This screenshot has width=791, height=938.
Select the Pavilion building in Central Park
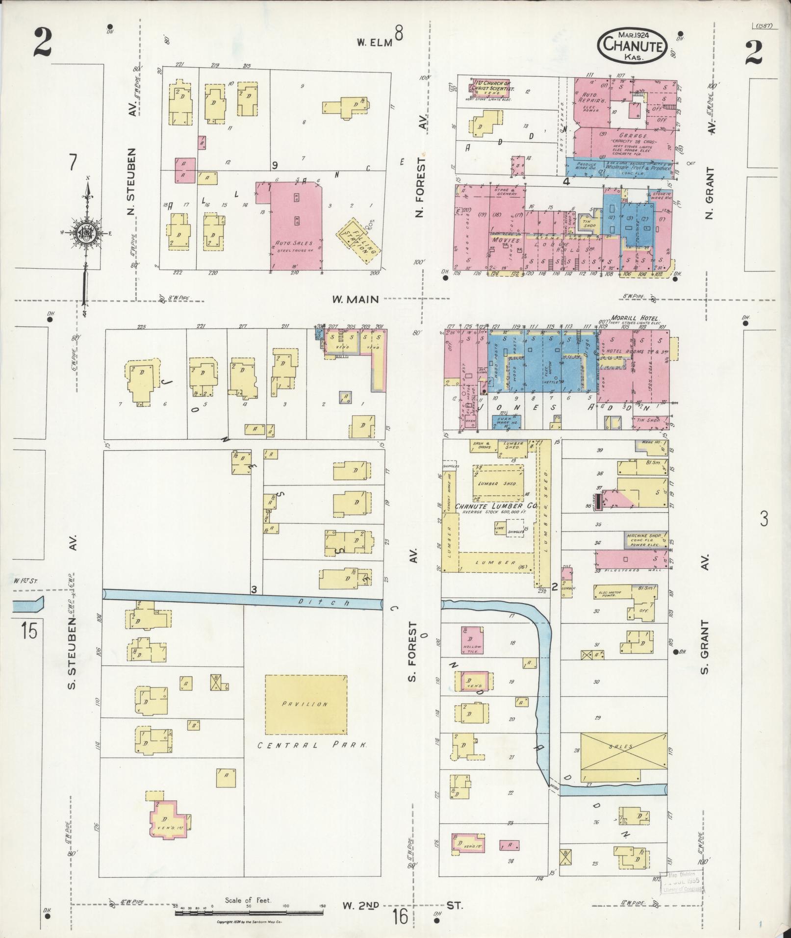[306, 704]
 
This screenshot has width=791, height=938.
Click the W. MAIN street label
[356, 299]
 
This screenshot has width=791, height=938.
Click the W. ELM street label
[375, 43]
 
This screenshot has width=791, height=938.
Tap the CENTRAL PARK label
[313, 759]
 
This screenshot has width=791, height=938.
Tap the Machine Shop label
[644, 536]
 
